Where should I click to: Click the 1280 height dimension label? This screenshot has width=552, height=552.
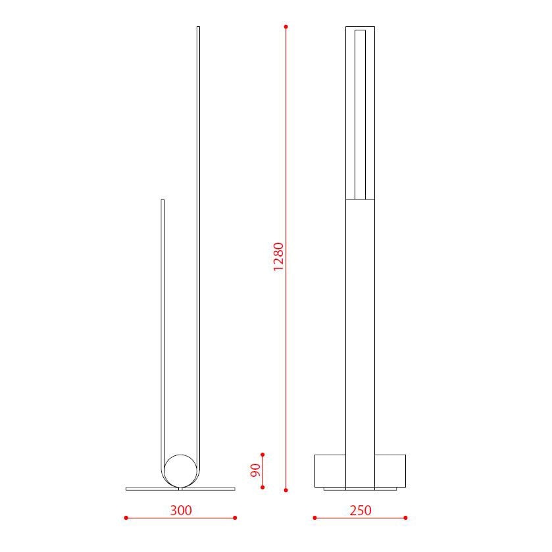pos(279,257)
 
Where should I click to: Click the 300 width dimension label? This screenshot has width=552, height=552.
pos(181,510)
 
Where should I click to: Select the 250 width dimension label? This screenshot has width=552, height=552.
pos(361,510)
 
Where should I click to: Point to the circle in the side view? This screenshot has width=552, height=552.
pos(180,470)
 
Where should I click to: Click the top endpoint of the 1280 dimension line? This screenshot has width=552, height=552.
pos(286,27)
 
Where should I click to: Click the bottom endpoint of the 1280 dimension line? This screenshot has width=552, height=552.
pos(286,489)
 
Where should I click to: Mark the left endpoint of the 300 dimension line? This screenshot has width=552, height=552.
pos(126,518)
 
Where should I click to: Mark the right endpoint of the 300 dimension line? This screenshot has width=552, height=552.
pos(235,518)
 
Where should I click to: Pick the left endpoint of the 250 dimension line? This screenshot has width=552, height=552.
pos(314,518)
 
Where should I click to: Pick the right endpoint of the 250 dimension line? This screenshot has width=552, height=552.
pos(405,518)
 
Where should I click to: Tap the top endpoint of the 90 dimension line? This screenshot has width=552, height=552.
pos(263,454)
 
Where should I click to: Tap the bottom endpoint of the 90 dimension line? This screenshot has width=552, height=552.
pos(263,487)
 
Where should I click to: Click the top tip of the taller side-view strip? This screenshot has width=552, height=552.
pos(198,28)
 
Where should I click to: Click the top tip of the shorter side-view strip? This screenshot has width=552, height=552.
pos(163,200)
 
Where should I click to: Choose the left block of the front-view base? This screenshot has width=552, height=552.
pos(330,470)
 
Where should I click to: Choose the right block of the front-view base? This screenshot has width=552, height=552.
pos(390,470)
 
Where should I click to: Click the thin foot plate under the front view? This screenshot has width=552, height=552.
pos(360,489)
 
